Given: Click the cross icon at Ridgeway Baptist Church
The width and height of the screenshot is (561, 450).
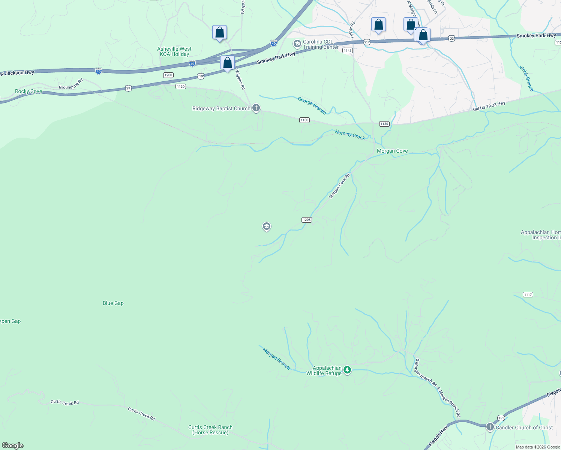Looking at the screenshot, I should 256,108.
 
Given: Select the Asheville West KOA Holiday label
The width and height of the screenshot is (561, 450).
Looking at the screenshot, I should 174,52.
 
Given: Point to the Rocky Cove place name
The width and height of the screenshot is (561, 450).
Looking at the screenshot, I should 28,91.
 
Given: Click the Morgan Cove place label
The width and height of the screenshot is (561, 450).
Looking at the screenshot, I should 392,151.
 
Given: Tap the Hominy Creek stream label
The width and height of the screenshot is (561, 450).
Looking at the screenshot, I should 349,135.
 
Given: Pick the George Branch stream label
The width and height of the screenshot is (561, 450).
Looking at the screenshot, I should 312,105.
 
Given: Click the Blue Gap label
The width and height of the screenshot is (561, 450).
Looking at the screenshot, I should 113,303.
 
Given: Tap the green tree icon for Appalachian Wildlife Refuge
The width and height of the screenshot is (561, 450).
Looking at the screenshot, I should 347,370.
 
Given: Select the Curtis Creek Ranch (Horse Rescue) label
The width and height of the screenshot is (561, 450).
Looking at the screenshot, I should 210,430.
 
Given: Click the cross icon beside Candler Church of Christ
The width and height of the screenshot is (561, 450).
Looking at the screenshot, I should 490,427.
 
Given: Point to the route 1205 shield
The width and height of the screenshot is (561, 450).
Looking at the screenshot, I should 307,220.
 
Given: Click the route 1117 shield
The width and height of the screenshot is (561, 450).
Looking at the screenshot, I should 528,295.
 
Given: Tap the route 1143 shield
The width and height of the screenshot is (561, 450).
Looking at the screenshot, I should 348,51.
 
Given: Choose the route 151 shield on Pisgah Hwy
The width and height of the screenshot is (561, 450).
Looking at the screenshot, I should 501,418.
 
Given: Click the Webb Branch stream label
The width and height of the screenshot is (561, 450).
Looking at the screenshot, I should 526,79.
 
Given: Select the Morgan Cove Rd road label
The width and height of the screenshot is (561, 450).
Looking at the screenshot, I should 339,186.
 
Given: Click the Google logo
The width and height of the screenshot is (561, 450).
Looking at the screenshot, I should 13,445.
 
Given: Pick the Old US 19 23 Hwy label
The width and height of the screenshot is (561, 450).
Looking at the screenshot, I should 489,106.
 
